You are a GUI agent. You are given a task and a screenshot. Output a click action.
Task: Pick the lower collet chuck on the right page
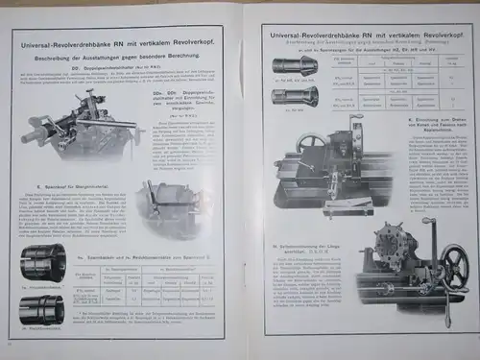291,95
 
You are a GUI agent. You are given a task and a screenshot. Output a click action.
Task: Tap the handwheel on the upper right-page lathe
311,144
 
